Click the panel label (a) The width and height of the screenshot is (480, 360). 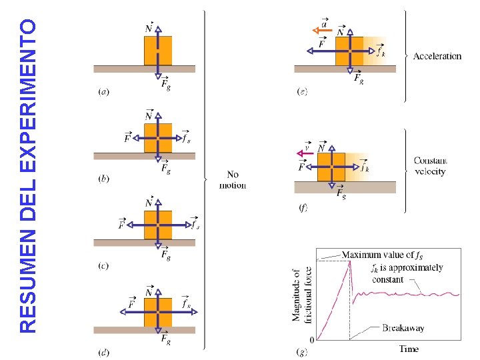(103, 91)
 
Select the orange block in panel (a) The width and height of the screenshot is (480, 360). (158, 51)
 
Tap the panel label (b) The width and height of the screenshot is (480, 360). (103, 178)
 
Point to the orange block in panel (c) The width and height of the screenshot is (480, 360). (158, 225)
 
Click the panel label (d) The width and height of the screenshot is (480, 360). (103, 351)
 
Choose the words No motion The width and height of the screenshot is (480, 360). (232, 180)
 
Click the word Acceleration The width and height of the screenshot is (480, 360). (437, 56)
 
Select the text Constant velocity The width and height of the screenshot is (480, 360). (430, 166)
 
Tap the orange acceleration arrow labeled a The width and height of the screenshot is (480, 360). (315, 30)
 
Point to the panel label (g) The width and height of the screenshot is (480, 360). (302, 351)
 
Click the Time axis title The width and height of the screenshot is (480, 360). (409, 349)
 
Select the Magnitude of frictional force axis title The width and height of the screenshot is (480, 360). (301, 295)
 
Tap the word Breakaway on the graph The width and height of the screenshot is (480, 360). (403, 327)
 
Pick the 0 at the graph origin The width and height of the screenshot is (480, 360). (311, 339)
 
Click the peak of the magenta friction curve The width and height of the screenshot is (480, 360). (349, 262)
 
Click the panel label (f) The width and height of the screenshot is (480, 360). (303, 208)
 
